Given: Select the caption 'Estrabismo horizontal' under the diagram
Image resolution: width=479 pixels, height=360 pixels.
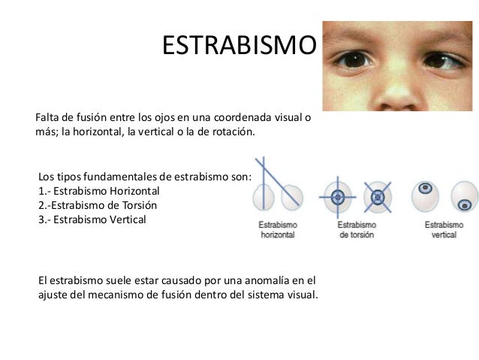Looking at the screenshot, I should tap(279, 229).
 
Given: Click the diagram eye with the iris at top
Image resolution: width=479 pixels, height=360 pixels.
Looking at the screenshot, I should tap(426, 192).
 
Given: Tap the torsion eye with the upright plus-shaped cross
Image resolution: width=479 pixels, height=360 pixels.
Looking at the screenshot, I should tap(337, 197).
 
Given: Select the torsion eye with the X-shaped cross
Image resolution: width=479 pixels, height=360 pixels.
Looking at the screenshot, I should tap(378, 197).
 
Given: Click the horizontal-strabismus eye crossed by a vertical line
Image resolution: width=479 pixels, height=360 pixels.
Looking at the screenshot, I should tap(264, 197).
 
